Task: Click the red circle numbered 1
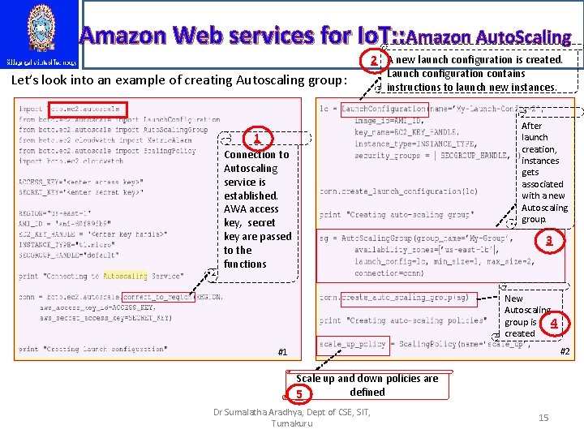pyautogui.click(x=255, y=140)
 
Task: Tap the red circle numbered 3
pyautogui.click(x=549, y=240)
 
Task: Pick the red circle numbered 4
pyautogui.click(x=554, y=323)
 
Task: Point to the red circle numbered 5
pyautogui.click(x=299, y=394)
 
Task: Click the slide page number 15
pyautogui.click(x=543, y=417)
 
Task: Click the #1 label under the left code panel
pyautogui.click(x=282, y=352)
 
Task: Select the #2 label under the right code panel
pyautogui.click(x=565, y=350)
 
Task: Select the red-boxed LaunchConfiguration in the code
pyautogui.click(x=383, y=109)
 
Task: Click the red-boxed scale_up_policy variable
pyautogui.click(x=353, y=344)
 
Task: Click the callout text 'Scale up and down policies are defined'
pyautogui.click(x=367, y=385)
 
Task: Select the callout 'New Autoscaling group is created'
pyautogui.click(x=526, y=316)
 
